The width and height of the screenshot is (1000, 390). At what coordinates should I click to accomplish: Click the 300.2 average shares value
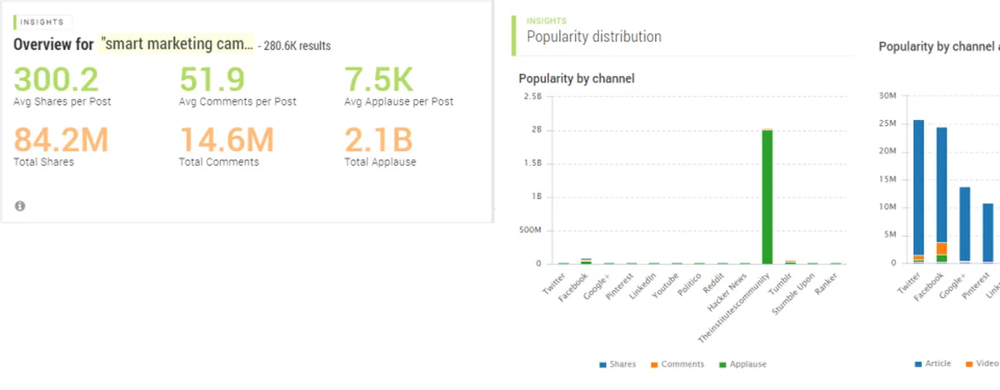56,79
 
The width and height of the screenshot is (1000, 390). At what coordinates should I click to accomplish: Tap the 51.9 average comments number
212,79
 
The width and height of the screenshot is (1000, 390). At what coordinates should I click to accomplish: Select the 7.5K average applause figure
378,79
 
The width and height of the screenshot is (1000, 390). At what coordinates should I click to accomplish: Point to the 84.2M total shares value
61,139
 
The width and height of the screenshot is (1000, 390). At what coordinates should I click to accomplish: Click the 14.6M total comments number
226,139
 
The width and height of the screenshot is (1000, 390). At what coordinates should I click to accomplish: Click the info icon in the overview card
20,206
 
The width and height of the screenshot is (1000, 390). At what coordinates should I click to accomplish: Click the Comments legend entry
677,364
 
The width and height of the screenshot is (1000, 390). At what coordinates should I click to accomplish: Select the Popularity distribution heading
594,37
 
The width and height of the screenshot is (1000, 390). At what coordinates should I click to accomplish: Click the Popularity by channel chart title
576,78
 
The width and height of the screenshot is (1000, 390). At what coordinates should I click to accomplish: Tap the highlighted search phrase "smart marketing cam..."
176,44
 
